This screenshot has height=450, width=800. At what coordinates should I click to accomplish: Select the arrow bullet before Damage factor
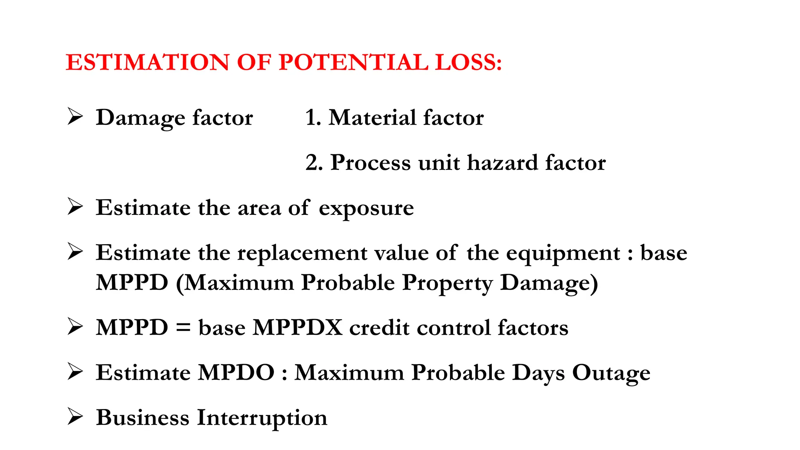coord(75,117)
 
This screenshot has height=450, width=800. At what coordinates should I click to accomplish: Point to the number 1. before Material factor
coord(313,118)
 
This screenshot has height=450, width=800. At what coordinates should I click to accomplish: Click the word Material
coord(372,118)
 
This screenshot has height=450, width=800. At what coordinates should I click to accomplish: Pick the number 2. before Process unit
coord(314,163)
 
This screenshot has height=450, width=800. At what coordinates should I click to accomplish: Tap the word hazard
coord(502,163)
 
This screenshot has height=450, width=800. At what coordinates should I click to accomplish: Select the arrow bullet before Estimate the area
coord(75,207)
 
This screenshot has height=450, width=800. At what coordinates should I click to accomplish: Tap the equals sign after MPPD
coord(183,328)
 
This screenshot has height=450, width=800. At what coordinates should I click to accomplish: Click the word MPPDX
coord(298,328)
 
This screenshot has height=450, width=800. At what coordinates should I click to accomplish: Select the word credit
coord(379,328)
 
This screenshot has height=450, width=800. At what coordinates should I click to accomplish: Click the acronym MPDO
coord(236,373)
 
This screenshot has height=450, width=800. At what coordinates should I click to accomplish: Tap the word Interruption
coord(262,418)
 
